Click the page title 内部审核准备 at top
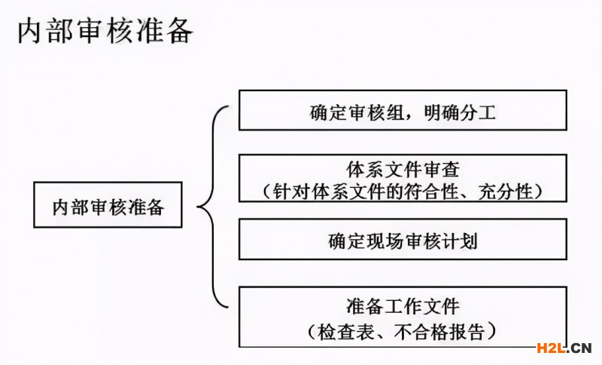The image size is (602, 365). (105, 32)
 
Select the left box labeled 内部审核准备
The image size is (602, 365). (108, 206)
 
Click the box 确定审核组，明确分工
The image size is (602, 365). (403, 112)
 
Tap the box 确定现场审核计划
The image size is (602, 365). (403, 241)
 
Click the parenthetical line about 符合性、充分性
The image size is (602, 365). (403, 190)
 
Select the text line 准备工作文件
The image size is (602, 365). (403, 307)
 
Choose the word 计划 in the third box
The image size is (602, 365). (460, 241)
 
